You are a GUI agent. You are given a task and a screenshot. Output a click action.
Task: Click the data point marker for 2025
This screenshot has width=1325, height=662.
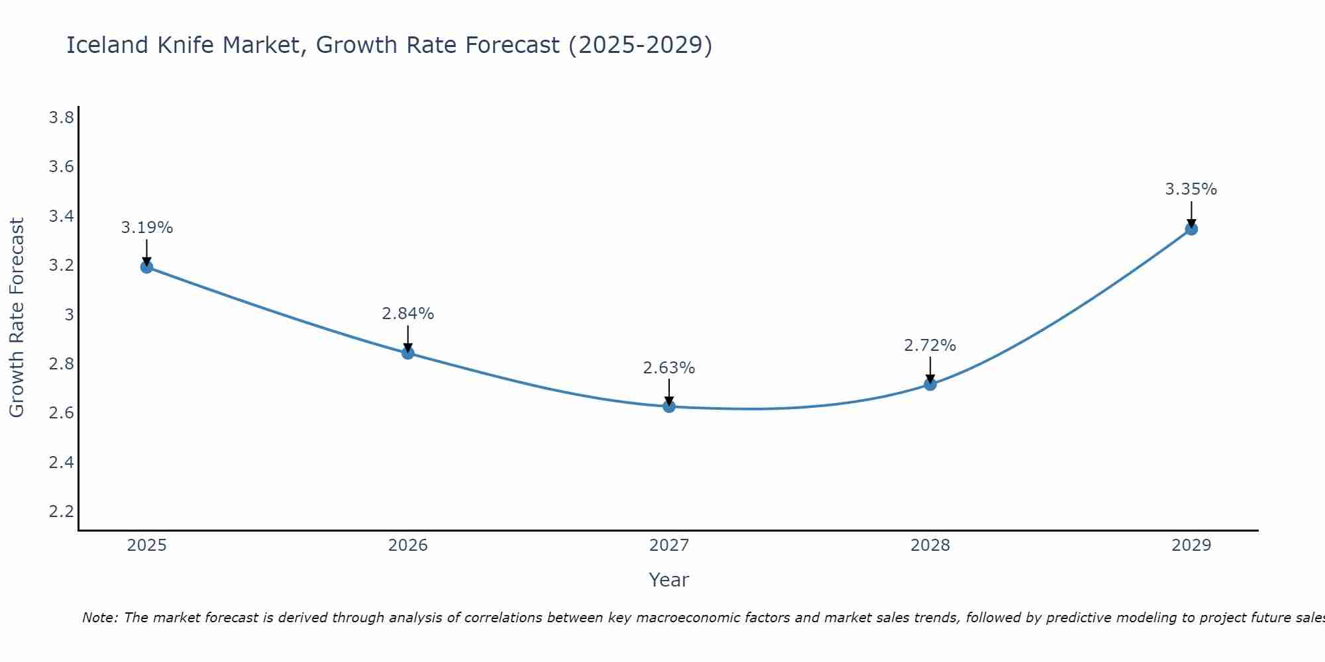coord(146,267)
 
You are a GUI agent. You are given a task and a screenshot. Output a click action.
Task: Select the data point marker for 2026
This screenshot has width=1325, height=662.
coord(408,353)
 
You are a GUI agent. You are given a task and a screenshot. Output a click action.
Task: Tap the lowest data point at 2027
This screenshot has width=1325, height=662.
coord(669,406)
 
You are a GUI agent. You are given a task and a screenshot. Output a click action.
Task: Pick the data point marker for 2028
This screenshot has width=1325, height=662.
coord(930,384)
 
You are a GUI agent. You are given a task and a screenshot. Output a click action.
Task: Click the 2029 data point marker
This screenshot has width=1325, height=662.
coord(1191,229)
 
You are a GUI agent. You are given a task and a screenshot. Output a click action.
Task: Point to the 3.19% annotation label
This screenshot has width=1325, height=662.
coord(146,228)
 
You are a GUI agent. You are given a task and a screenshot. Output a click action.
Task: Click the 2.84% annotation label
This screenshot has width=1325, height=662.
coord(407,314)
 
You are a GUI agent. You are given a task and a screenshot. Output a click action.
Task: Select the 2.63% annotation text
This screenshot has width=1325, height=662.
coord(668,368)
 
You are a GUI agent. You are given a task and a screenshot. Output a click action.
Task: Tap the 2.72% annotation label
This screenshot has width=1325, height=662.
coord(929,346)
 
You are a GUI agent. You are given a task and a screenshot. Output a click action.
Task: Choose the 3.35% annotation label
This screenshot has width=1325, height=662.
coord(1191,189)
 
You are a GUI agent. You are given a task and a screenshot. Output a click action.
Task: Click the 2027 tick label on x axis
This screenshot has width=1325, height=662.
coord(668,545)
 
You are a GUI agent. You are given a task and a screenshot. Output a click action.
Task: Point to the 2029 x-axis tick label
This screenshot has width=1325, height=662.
coord(1191,545)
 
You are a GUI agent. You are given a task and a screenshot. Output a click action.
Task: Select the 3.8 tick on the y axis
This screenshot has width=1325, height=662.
coord(61,118)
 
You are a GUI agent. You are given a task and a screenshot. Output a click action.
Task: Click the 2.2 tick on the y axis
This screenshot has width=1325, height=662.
coord(61,511)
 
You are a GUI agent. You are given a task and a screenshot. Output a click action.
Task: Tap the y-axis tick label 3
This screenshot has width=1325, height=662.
coord(69,314)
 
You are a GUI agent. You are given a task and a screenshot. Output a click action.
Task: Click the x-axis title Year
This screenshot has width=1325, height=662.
coord(668,580)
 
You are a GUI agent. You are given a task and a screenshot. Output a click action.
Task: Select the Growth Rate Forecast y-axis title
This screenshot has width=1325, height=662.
coord(17,318)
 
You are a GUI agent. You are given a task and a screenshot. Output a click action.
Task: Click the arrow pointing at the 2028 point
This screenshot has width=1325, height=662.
coord(930,369)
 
